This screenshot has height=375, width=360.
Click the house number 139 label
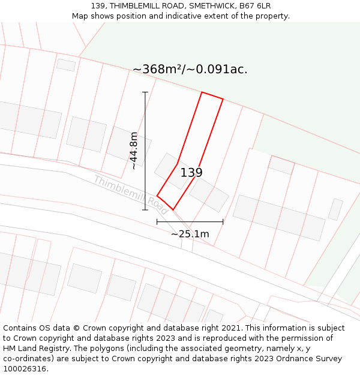click(191, 173)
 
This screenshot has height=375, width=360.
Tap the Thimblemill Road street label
click(130, 195)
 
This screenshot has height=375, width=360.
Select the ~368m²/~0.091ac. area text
click(190, 70)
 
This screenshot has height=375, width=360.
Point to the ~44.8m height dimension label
click(134, 151)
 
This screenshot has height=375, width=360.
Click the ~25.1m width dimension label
click(190, 234)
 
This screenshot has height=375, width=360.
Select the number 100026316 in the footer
click(25, 368)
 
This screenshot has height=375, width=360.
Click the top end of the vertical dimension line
click(145, 92)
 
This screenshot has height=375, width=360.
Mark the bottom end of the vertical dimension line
click(145, 210)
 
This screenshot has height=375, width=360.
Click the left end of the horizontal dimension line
click(157, 221)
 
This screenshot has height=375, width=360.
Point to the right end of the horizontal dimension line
click(223, 221)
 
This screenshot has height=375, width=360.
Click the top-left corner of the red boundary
click(202, 92)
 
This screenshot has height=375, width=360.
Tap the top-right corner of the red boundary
click(223, 100)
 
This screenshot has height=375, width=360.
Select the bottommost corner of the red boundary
click(173, 210)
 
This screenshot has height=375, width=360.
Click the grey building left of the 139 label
click(170, 169)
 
